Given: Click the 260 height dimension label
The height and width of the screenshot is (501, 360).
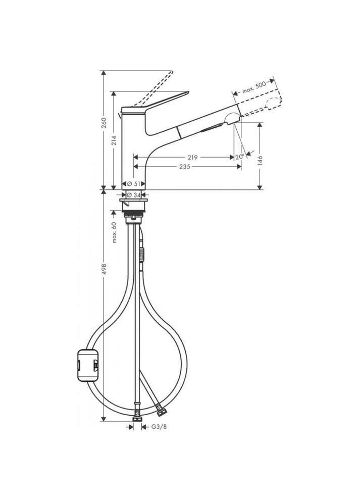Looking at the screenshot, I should (x=104, y=123).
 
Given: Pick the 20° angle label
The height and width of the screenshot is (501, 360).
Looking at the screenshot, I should (x=239, y=157).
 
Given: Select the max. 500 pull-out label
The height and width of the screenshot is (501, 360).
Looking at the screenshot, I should (x=253, y=87).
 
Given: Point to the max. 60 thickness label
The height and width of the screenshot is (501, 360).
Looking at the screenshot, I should (x=115, y=233).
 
